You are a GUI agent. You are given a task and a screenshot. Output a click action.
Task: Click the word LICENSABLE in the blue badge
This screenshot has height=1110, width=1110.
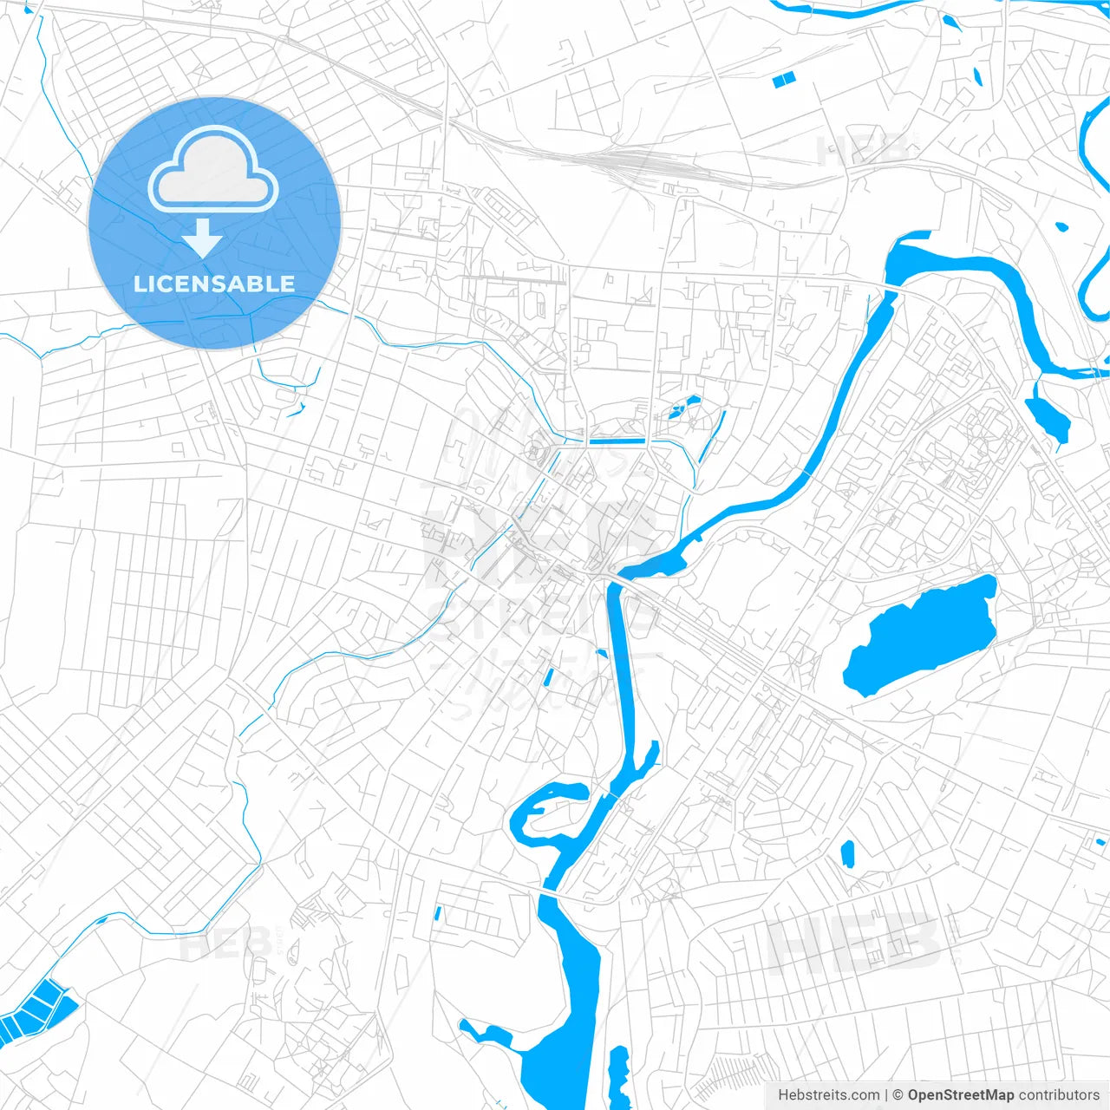[x=214, y=284]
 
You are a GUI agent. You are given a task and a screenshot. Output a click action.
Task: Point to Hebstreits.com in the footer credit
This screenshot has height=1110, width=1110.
[x=828, y=1095]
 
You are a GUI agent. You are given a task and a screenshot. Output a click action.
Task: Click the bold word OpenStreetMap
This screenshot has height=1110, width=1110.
[x=960, y=1095]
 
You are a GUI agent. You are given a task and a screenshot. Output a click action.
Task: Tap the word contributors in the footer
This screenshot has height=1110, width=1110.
[x=1059, y=1095]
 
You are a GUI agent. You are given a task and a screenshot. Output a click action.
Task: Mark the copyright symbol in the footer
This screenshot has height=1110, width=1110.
[x=898, y=1095]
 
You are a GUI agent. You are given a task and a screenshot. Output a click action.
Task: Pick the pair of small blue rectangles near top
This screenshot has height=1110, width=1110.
[x=783, y=80]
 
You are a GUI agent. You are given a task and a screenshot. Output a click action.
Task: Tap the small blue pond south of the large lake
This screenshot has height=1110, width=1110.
[x=848, y=854]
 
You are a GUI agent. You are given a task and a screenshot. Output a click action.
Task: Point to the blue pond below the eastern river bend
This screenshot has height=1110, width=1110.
[x=1048, y=416]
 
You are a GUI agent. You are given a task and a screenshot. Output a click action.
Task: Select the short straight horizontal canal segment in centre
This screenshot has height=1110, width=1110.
[x=617, y=441]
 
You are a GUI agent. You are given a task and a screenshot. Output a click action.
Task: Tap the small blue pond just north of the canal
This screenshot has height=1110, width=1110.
[x=685, y=406]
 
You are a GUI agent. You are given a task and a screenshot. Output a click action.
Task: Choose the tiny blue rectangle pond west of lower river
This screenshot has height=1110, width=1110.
[x=438, y=912]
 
